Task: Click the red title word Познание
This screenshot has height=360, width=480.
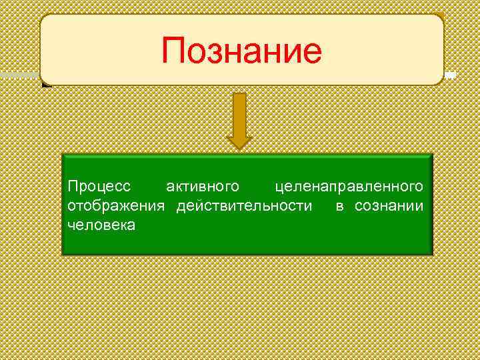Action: tap(241, 51)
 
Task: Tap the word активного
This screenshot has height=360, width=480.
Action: tap(203, 183)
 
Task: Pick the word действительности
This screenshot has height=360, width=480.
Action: tap(244, 205)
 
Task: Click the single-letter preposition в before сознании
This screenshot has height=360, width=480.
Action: tap(339, 205)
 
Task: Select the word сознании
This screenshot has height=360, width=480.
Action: tap(389, 205)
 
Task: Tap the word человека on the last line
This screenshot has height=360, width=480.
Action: tap(101, 226)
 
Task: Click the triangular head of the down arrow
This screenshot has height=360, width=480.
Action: tap(239, 138)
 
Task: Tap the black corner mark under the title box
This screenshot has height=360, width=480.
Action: tap(45, 85)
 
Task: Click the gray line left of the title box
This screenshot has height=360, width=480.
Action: tap(20, 74)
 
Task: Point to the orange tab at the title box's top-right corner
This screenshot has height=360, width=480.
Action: tap(440, 15)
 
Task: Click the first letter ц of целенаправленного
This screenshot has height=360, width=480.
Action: tap(279, 185)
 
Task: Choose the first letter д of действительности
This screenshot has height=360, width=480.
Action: tap(181, 205)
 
